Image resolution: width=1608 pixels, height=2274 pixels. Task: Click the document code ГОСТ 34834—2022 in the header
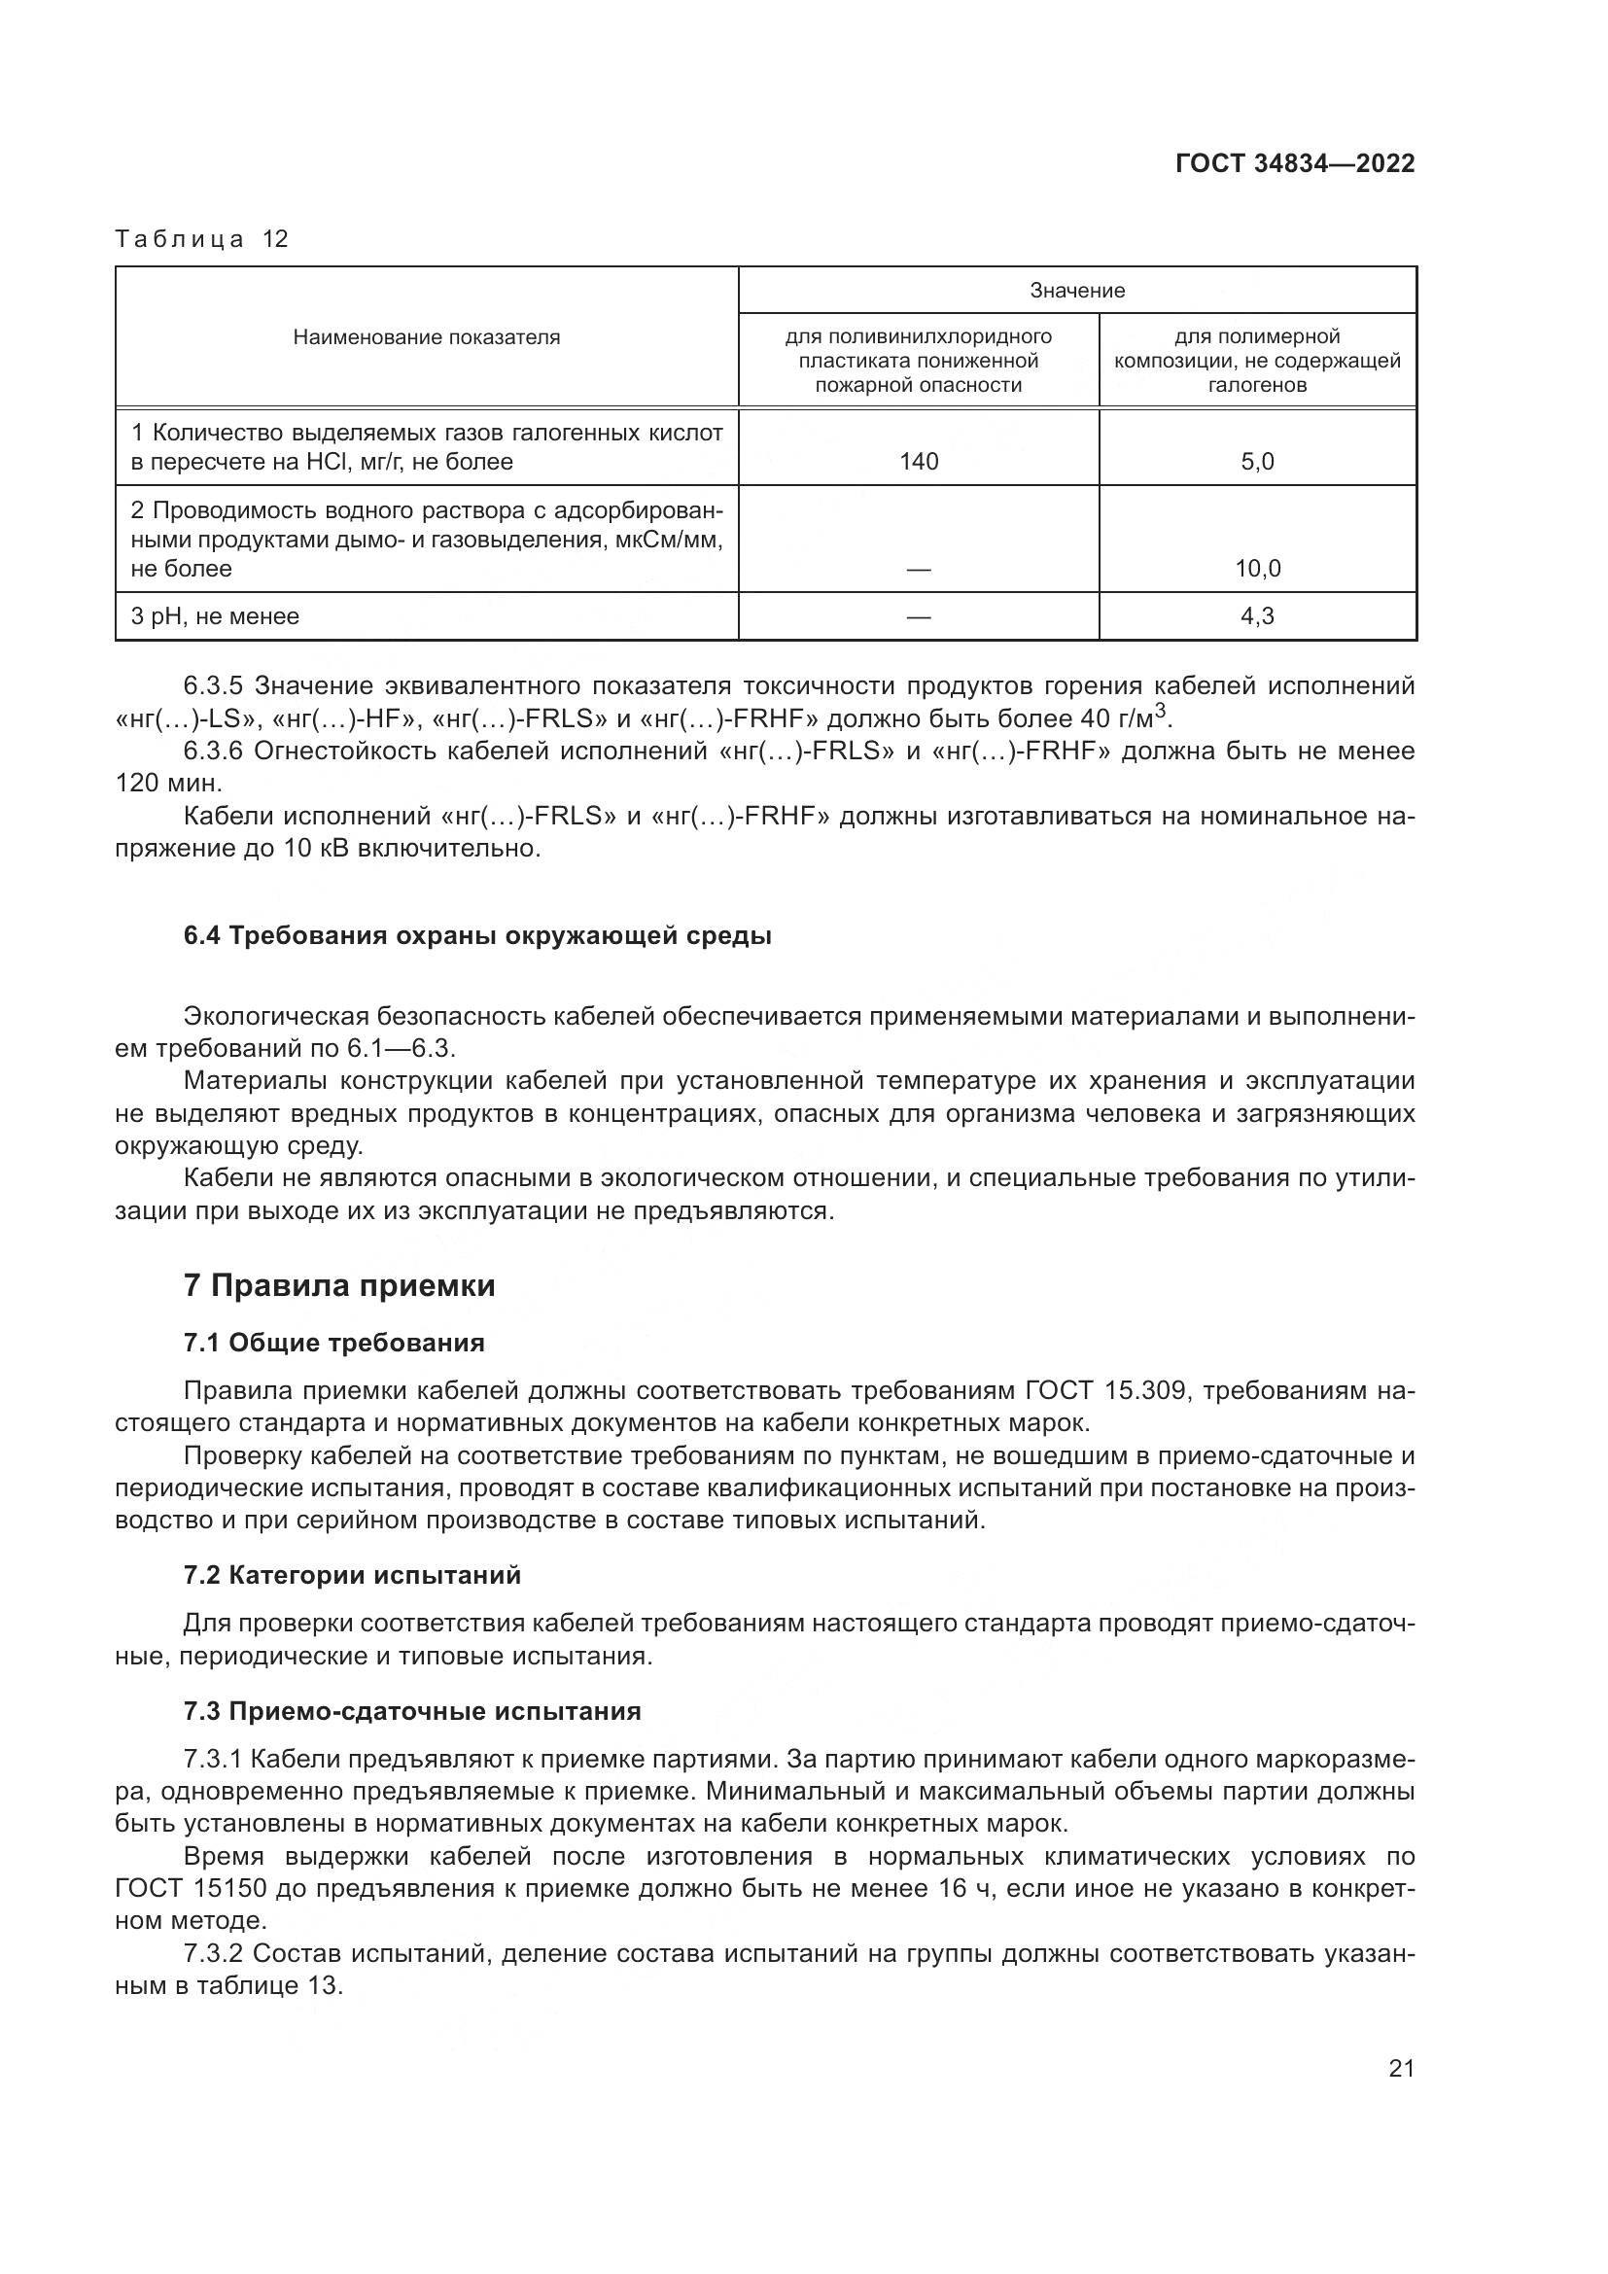tap(1294, 163)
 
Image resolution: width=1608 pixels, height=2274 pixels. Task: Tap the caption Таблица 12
tap(202, 239)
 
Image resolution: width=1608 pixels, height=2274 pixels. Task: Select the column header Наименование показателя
tap(426, 337)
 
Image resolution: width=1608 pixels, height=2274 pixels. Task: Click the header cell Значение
tap(1077, 290)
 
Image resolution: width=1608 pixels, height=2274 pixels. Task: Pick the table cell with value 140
tap(919, 462)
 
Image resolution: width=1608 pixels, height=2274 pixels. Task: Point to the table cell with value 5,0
tap(1257, 462)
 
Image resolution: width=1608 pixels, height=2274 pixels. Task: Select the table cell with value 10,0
tap(1257, 569)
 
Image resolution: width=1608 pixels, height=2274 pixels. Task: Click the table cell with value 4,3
tap(1257, 616)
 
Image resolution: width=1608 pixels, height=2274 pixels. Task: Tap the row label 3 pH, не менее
tap(215, 616)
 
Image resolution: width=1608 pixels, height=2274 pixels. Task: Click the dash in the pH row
tap(919, 616)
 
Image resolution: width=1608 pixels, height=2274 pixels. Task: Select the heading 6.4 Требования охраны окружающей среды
tap(477, 936)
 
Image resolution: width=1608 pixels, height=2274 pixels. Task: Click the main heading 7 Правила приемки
tap(339, 1285)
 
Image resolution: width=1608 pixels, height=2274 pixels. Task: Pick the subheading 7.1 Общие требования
tap(333, 1343)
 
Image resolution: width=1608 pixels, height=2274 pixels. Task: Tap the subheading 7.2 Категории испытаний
tap(353, 1575)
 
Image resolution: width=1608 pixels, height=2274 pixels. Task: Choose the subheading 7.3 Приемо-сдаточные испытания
tap(412, 1711)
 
